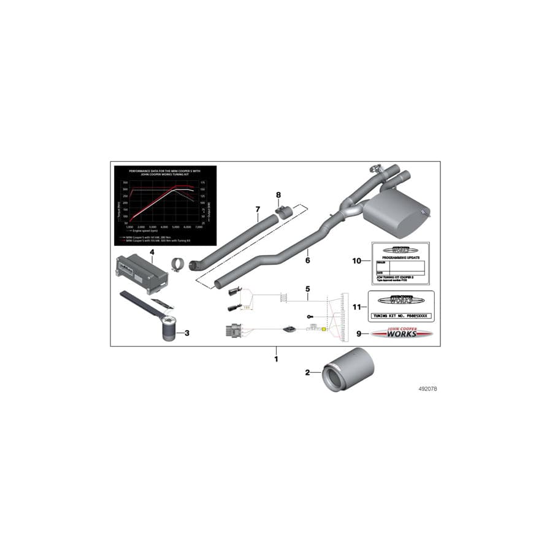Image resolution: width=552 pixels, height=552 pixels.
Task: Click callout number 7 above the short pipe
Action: pyautogui.click(x=258, y=210)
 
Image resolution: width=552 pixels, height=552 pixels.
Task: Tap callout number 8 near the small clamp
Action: pyautogui.click(x=278, y=195)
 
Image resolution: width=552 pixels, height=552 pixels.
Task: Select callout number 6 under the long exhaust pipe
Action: pyautogui.click(x=307, y=260)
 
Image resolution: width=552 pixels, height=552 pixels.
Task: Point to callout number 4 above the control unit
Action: pyautogui.click(x=151, y=251)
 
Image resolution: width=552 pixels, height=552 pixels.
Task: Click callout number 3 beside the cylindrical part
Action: pyautogui.click(x=187, y=333)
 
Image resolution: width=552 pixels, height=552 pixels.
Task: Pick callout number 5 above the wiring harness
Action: pyautogui.click(x=309, y=288)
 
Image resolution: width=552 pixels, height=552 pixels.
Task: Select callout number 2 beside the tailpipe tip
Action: pyautogui.click(x=308, y=372)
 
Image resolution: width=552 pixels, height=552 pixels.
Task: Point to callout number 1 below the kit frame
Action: pyautogui.click(x=276, y=358)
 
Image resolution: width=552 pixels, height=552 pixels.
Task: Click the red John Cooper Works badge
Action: pyautogui.click(x=402, y=334)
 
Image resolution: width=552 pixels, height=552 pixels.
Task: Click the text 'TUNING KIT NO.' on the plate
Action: pyautogui.click(x=388, y=317)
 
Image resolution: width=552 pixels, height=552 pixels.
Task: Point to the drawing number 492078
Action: pyautogui.click(x=427, y=389)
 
